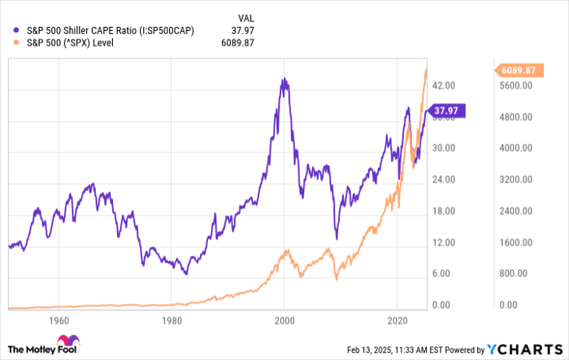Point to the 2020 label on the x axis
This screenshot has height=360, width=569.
[397, 320]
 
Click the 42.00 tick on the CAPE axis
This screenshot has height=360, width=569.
[443, 85]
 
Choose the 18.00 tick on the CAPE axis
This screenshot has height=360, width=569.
[443, 211]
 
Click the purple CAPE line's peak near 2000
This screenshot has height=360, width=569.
[283, 79]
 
